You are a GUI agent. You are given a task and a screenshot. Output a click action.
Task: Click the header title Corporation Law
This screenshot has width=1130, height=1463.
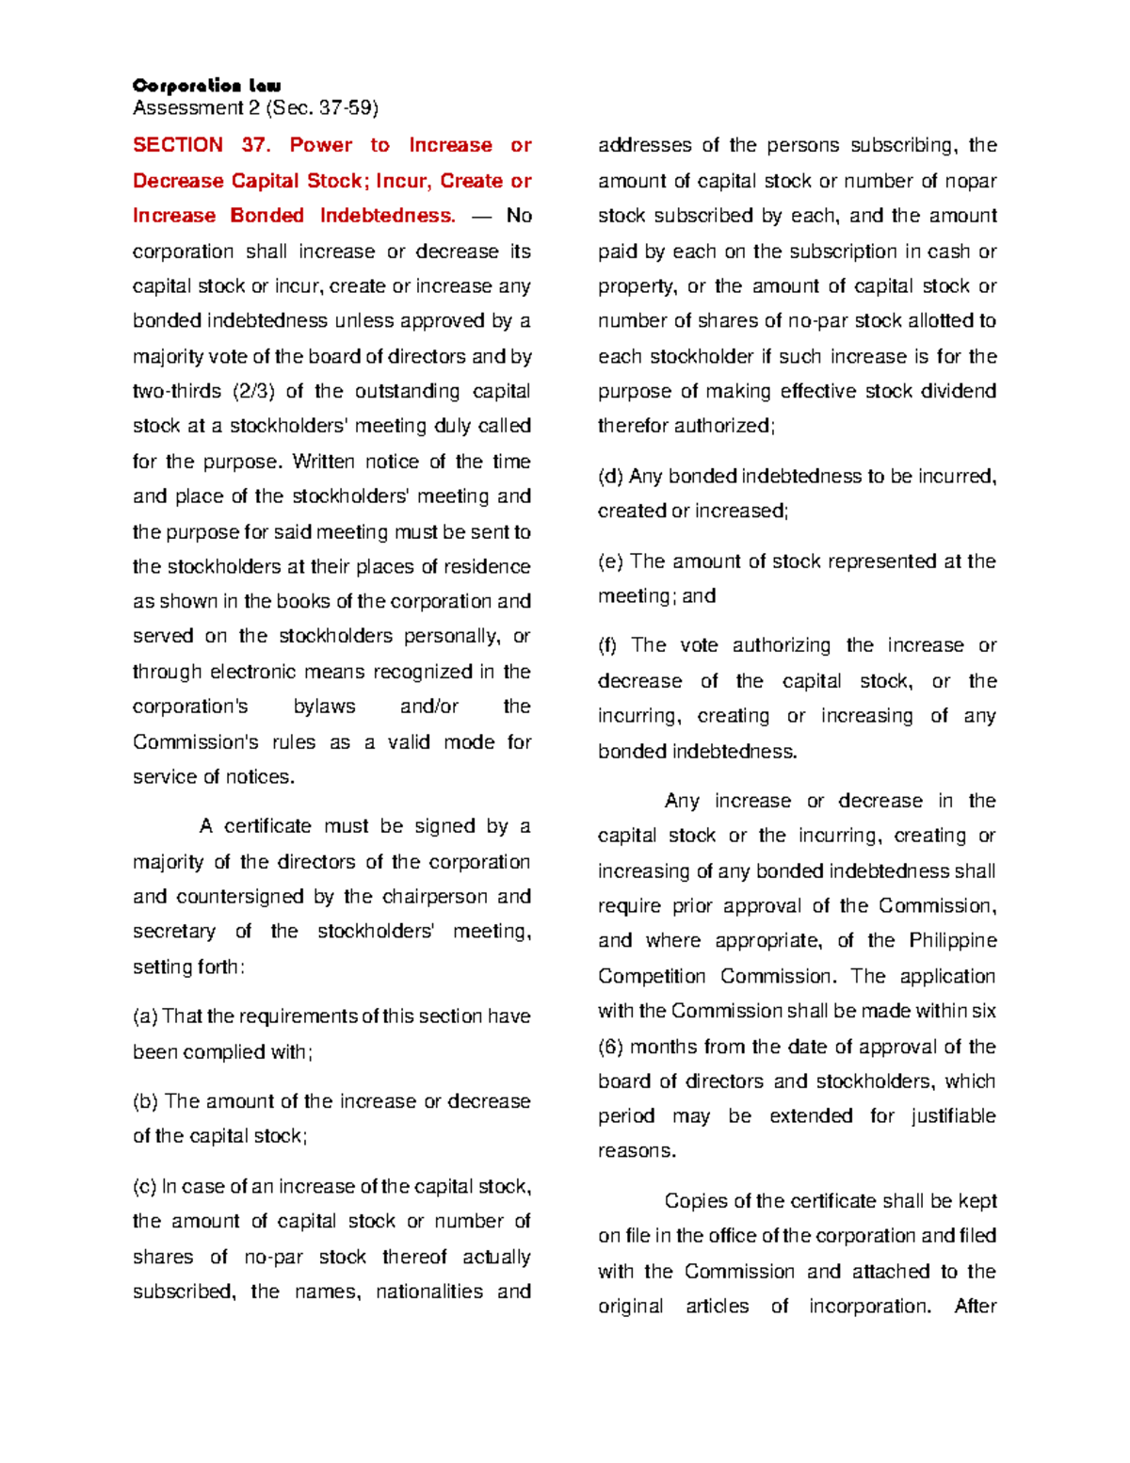coord(206,86)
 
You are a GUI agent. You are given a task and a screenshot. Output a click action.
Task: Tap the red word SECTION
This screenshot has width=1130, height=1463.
coord(177,145)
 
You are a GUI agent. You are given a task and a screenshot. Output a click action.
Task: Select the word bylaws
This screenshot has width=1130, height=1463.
coord(324,707)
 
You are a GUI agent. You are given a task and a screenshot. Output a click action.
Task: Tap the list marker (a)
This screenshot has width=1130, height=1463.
coord(145,1016)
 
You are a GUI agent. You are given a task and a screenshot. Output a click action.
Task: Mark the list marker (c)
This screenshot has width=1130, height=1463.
coord(145,1187)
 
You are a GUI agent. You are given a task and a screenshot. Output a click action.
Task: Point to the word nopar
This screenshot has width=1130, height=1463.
coord(970,181)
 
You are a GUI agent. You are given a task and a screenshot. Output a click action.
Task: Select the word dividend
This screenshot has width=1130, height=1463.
coord(957,391)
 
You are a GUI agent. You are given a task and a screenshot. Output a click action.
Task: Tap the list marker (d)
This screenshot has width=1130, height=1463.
coord(610,477)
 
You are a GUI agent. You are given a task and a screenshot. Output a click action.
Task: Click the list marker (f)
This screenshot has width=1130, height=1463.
coord(608,645)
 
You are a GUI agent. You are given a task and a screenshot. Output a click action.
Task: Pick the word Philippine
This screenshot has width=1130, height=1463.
coord(952,940)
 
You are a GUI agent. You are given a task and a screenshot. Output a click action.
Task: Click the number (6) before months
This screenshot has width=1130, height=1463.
coord(610,1047)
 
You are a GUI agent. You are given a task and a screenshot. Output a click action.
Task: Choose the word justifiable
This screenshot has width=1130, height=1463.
coord(953,1116)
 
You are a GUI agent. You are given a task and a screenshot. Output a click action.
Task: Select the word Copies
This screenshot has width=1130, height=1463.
coord(695,1201)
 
